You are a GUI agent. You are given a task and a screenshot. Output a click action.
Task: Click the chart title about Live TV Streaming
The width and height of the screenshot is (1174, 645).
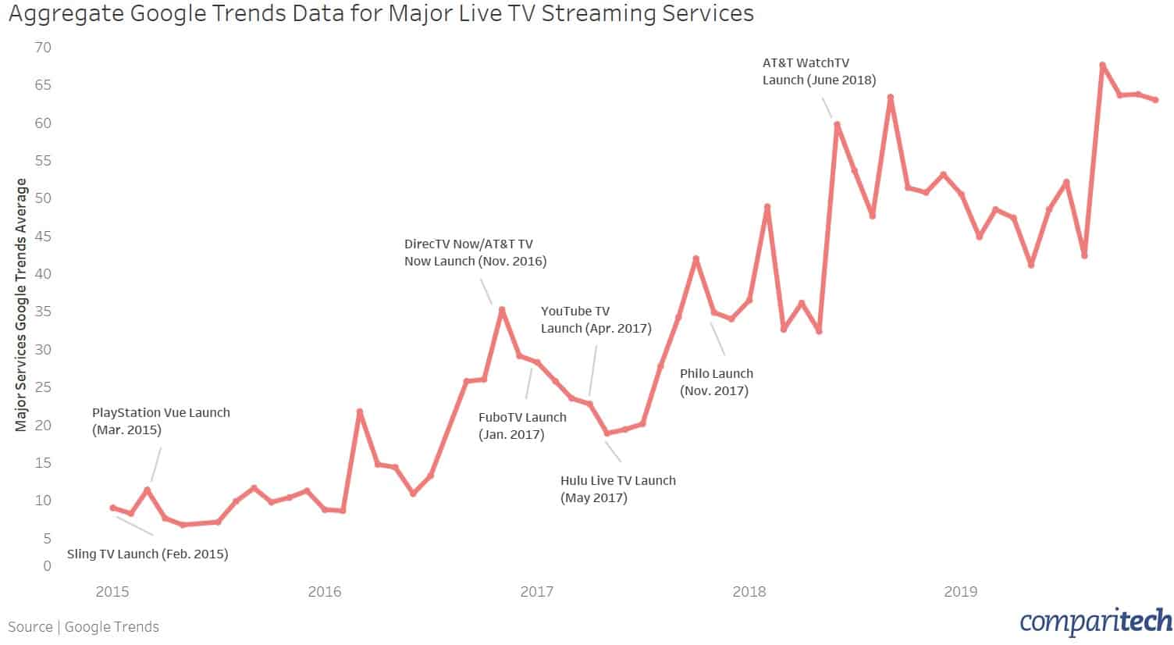tap(381, 14)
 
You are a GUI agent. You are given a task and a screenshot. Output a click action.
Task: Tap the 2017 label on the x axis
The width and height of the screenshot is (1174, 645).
tap(536, 592)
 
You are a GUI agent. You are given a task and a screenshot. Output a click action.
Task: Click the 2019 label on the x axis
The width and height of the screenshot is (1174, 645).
tap(960, 592)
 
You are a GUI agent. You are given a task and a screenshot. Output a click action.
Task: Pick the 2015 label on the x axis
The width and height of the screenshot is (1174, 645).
tap(112, 592)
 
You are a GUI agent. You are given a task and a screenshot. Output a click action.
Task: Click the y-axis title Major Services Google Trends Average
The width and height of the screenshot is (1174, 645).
tap(21, 305)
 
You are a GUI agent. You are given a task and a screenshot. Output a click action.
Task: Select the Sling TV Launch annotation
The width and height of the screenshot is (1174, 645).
tap(148, 554)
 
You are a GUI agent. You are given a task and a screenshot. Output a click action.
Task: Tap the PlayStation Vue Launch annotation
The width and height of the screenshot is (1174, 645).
tap(161, 421)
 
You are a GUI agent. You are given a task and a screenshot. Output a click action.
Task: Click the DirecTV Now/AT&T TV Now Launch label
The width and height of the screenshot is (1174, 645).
tap(475, 253)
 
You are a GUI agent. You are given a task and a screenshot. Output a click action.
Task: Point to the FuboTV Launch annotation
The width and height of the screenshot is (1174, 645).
tap(522, 426)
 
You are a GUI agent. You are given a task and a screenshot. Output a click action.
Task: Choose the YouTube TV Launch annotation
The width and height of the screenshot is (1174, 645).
tap(596, 320)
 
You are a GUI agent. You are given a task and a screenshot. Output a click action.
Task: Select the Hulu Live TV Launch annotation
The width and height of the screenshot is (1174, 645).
tap(617, 489)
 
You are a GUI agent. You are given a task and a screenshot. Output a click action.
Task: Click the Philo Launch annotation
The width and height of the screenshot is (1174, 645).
tap(716, 382)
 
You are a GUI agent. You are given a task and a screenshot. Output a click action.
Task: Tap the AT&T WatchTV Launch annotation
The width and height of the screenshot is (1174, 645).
tap(819, 71)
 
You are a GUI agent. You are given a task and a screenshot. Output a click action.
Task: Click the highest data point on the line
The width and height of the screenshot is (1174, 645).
tap(1102, 66)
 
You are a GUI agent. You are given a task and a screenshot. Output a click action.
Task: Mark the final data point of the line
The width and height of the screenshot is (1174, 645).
tap(1155, 100)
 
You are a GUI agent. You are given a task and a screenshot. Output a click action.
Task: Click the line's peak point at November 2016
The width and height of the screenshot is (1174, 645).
tap(502, 310)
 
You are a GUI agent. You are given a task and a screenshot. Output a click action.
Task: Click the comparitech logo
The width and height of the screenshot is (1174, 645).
tap(1095, 622)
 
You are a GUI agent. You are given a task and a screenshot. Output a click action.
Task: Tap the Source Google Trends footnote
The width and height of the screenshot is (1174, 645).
tap(84, 627)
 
